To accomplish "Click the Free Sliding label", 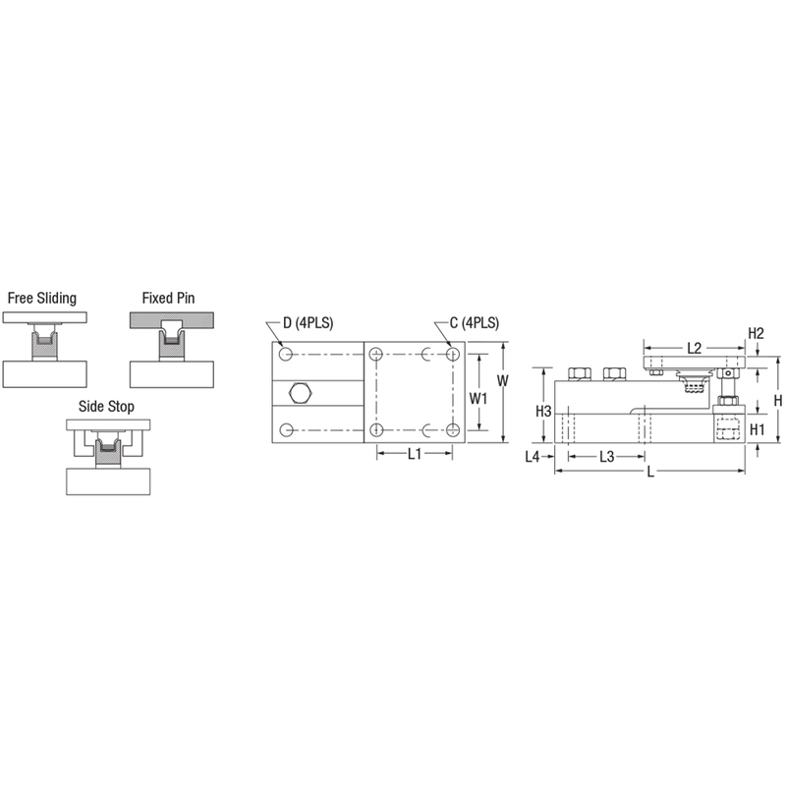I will click(x=42, y=297).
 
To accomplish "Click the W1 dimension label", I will click(x=478, y=399).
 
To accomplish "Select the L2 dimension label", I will click(x=694, y=348).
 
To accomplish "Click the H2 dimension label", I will click(x=756, y=333).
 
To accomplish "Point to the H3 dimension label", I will click(x=543, y=410).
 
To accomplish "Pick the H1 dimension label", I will click(x=757, y=429).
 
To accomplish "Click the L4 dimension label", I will click(x=534, y=456).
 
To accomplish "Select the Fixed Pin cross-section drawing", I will click(x=172, y=349).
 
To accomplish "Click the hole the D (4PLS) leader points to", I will click(x=285, y=353).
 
